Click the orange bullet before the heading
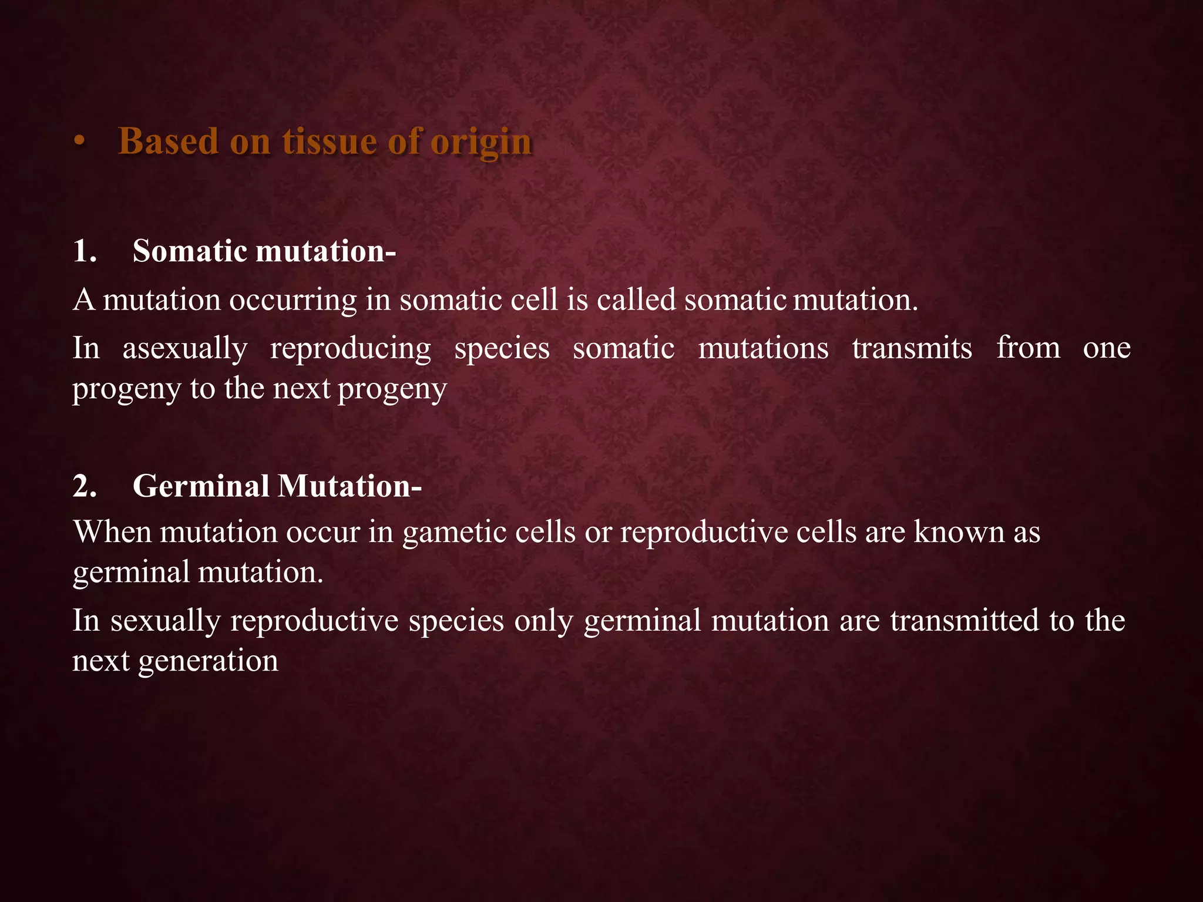pyautogui.click(x=80, y=143)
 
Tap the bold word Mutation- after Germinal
pyautogui.click(x=350, y=486)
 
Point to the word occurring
pyautogui.click(x=293, y=300)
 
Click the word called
pyautogui.click(x=637, y=299)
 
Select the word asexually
pyautogui.click(x=185, y=349)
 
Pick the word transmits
pyautogui.click(x=912, y=348)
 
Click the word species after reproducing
pyautogui.click(x=502, y=349)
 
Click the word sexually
pyautogui.click(x=166, y=621)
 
